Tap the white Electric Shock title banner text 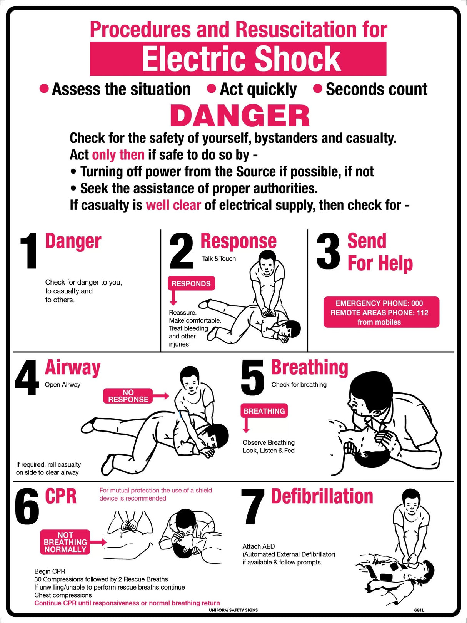[241, 59]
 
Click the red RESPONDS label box [191, 284]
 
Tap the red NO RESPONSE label [128, 396]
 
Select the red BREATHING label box [264, 411]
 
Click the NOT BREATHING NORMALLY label [65, 542]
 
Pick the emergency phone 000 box [381, 312]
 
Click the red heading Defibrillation [322, 496]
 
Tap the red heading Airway [73, 367]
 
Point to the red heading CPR [61, 496]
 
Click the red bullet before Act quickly [211, 89]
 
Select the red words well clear [173, 205]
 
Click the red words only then [118, 155]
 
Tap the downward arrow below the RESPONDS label [173, 299]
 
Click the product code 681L [419, 610]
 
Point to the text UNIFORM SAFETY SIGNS [233, 610]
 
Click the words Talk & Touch [219, 259]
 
